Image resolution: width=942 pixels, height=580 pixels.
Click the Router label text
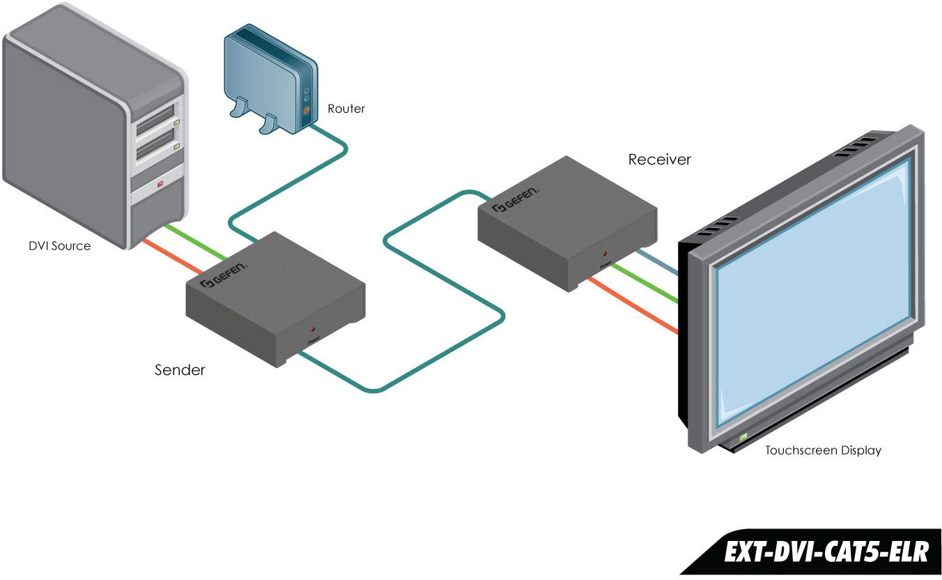click(x=346, y=109)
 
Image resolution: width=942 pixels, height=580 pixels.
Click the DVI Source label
click(x=59, y=245)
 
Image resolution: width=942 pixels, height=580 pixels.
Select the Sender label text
click(x=180, y=370)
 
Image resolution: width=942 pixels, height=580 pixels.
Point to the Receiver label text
click(x=659, y=160)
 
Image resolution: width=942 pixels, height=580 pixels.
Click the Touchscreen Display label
click(x=823, y=450)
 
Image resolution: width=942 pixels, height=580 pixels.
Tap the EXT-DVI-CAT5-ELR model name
click(x=826, y=552)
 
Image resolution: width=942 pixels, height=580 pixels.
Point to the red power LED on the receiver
click(x=604, y=254)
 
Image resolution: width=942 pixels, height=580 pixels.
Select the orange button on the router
click(x=306, y=109)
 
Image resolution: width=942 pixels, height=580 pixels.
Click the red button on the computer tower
click(x=160, y=184)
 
